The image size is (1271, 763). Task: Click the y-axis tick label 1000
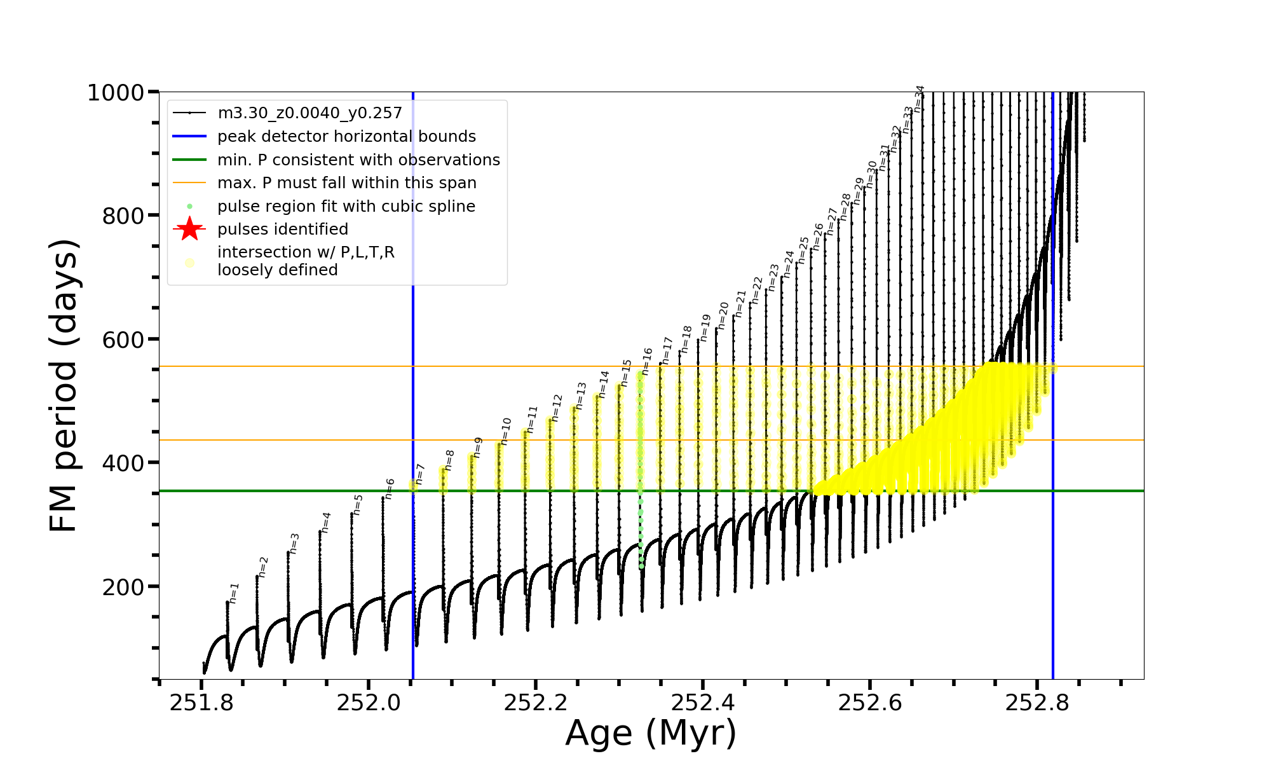click(x=115, y=93)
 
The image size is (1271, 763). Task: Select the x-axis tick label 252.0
click(x=369, y=703)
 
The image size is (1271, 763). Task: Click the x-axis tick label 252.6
click(x=870, y=703)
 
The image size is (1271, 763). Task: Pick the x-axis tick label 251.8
click(x=201, y=703)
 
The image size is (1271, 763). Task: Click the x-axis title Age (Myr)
click(x=651, y=733)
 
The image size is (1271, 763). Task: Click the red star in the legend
click(x=189, y=229)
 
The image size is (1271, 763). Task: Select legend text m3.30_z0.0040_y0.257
click(x=309, y=113)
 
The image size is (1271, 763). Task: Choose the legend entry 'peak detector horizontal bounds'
click(x=346, y=137)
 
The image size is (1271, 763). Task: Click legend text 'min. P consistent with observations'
click(x=358, y=160)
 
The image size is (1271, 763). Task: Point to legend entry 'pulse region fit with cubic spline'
click(x=346, y=206)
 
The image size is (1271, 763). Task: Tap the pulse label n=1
click(x=234, y=593)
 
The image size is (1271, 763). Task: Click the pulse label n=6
click(x=390, y=488)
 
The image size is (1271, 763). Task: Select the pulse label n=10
click(x=505, y=431)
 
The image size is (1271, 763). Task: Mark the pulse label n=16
click(x=647, y=361)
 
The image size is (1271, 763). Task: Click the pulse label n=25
click(x=803, y=250)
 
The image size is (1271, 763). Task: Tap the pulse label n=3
click(x=294, y=543)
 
